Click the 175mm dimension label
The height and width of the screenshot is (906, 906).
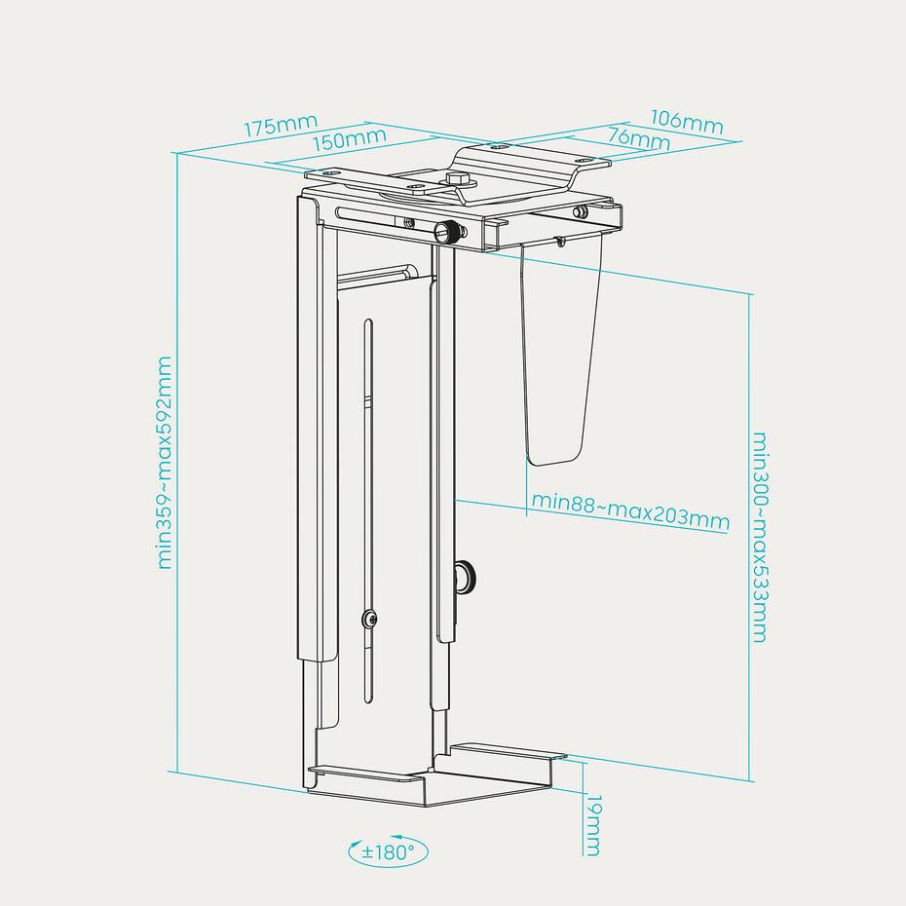click(x=281, y=126)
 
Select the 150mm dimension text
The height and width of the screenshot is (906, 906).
click(x=349, y=139)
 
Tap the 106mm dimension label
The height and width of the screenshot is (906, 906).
click(x=687, y=122)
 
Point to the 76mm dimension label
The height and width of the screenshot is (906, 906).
click(x=639, y=139)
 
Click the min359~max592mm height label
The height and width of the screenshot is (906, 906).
click(x=165, y=463)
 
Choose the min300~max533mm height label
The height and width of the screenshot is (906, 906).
click(x=760, y=538)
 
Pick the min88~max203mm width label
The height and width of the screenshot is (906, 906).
click(x=630, y=510)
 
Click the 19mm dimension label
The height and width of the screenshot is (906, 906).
click(x=593, y=825)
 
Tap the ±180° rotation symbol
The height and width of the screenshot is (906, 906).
click(x=389, y=851)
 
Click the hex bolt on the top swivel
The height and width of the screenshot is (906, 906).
click(x=456, y=179)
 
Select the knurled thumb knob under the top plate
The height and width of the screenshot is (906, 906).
click(x=449, y=234)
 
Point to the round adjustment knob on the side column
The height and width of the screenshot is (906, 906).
click(x=464, y=577)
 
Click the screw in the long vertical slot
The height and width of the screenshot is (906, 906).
click(x=368, y=620)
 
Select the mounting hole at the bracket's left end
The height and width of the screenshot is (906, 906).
click(x=330, y=173)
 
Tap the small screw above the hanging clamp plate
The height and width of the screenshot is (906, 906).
click(x=558, y=240)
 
